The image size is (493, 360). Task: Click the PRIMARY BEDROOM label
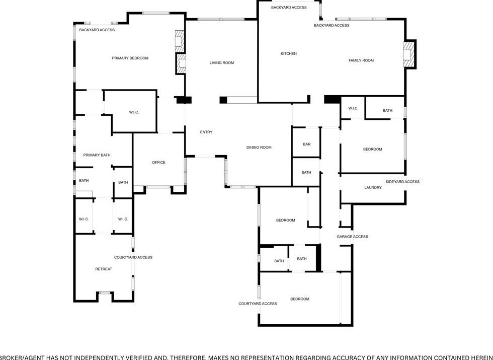click(130, 58)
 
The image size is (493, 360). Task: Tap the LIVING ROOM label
click(222, 63)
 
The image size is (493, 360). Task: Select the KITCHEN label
click(289, 54)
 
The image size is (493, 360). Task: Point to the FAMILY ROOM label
click(361, 61)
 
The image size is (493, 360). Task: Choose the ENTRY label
click(206, 132)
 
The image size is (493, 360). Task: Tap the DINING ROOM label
click(259, 148)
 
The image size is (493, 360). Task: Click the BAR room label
click(307, 145)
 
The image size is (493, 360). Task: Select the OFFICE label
click(159, 163)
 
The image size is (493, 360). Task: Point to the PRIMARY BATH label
click(97, 155)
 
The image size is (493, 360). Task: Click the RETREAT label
click(104, 269)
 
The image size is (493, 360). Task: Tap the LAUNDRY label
click(373, 188)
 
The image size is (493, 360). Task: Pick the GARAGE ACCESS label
click(352, 237)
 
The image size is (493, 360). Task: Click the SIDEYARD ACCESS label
click(402, 182)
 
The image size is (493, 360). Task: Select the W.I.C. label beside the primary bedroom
click(134, 112)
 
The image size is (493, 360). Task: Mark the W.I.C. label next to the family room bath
click(353, 109)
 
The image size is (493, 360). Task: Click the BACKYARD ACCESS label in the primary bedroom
click(97, 30)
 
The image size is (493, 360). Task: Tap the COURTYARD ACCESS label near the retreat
click(133, 258)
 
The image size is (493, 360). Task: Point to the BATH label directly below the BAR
click(306, 173)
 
